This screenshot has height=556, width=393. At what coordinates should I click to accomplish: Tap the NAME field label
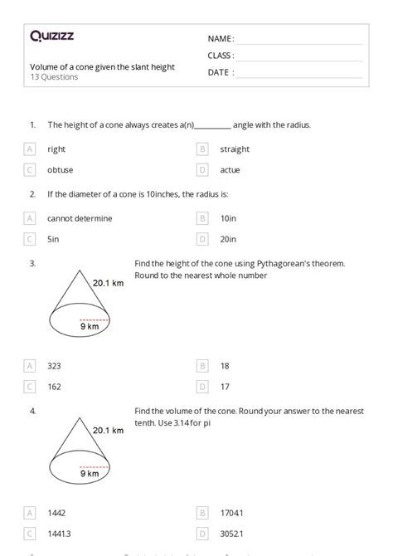pos(220,39)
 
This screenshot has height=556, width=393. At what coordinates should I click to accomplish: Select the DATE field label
pos(220,72)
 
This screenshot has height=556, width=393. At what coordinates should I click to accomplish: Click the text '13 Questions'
pos(54,77)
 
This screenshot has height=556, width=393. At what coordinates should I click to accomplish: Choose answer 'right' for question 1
pos(56,149)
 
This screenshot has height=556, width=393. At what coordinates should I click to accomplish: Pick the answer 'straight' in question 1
pos(235,149)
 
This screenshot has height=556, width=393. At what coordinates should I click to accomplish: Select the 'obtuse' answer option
pos(60,170)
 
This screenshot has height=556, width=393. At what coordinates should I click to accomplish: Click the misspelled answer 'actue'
pos(230,170)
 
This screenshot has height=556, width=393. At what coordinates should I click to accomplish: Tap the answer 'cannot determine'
pos(80,218)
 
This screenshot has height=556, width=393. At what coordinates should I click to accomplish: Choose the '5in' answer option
pos(53,239)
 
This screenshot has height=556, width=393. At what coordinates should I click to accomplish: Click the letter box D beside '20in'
pos(202,239)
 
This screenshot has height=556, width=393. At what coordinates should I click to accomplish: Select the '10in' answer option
pos(228,218)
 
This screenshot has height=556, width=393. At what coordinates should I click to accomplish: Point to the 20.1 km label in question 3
pos(108,282)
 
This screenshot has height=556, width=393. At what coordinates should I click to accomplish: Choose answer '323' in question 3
pos(55,365)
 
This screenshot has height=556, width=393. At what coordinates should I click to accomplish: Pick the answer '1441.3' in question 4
pos(60,535)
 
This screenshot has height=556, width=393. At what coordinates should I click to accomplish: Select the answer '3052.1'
pos(233,535)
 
